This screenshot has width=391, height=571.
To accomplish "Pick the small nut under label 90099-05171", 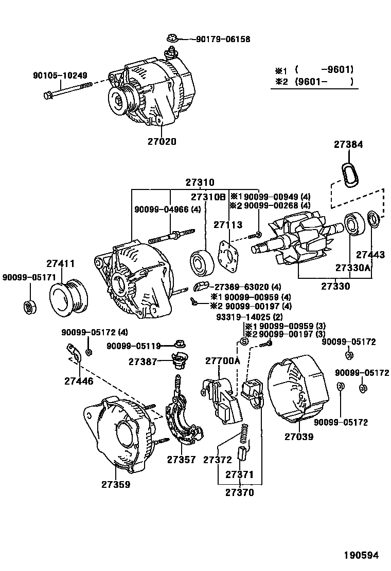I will click(29, 307).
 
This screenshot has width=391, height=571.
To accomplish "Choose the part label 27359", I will click(115, 484).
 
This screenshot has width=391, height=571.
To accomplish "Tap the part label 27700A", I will click(223, 361).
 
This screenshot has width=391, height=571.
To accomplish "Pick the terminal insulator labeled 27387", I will click(179, 360).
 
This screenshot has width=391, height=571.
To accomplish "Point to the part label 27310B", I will click(208, 197).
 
